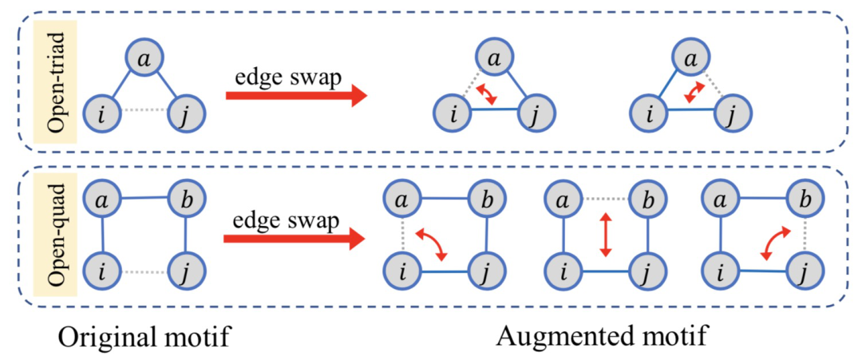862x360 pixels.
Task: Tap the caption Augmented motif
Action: coord(601,336)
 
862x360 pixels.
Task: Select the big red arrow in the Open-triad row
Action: coord(296,97)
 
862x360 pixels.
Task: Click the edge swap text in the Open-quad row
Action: coord(284,217)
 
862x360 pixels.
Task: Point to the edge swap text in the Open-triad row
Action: coord(284,77)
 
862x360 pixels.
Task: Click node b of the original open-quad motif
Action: coord(185,198)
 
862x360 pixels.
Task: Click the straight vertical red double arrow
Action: coord(606,235)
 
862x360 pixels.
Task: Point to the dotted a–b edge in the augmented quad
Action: coord(605,198)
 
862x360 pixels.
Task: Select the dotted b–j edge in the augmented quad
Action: coord(806,235)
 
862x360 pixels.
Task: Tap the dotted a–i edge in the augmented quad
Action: coord(405,235)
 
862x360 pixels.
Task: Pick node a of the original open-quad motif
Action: coord(103,198)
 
